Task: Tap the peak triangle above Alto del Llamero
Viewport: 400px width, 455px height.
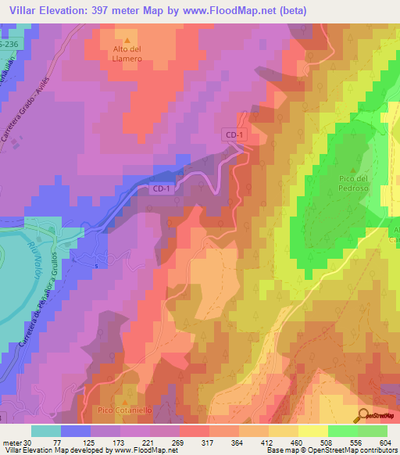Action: pyautogui.click(x=125, y=39)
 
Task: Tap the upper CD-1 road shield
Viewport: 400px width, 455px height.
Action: pyautogui.click(x=233, y=135)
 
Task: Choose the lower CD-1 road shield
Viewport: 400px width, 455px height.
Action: pyautogui.click(x=160, y=188)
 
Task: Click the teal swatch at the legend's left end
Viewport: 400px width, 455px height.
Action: pyautogui.click(x=45, y=431)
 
